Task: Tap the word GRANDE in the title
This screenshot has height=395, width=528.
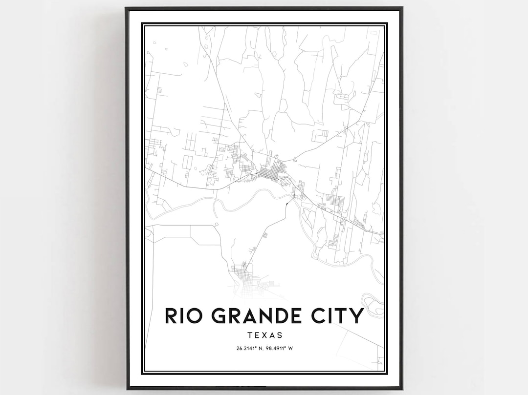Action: (260, 316)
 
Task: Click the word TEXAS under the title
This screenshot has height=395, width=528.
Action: (264, 335)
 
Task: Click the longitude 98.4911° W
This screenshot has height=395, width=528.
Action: (280, 348)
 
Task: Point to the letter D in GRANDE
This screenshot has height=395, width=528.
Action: (285, 316)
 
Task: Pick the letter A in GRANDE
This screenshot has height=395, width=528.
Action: (250, 316)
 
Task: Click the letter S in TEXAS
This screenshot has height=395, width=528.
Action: (280, 335)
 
